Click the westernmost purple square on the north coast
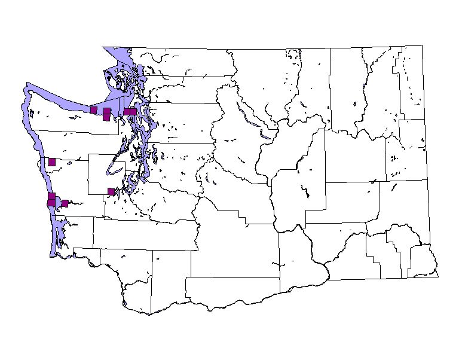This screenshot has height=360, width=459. [x=93, y=109]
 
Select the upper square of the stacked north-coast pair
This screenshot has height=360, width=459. [x=106, y=111]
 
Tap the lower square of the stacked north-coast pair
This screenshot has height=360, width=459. [x=106, y=117]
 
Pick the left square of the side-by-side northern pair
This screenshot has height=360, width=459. [x=127, y=111]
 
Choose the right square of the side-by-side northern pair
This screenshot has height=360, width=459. [x=133, y=111]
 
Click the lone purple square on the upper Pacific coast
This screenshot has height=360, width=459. [x=52, y=161]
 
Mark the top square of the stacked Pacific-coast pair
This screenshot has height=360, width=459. [x=51, y=196]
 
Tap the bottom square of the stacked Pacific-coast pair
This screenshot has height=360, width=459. [x=51, y=203]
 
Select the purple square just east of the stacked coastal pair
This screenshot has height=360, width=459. [x=65, y=203]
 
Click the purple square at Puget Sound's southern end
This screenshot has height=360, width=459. [x=111, y=191]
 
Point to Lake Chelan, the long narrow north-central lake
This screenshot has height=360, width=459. [x=246, y=114]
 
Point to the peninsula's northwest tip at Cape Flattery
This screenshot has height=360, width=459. [x=26, y=88]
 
